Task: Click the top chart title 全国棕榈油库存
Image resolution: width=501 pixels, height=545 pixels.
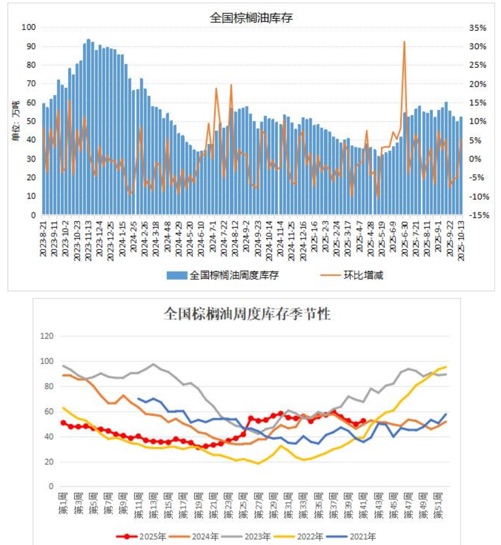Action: click(x=251, y=18)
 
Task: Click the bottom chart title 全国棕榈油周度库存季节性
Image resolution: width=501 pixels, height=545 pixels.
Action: click(x=247, y=314)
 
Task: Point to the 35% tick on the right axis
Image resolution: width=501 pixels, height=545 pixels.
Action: click(x=477, y=28)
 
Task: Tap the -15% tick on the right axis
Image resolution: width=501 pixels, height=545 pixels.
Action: click(x=479, y=215)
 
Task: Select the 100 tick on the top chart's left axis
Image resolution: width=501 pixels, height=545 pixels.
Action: click(x=29, y=27)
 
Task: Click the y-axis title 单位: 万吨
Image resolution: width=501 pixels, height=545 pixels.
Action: click(x=15, y=121)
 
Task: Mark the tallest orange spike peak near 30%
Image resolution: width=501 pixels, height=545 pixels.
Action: click(x=404, y=42)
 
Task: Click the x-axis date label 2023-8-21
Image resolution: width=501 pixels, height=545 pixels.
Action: click(x=43, y=239)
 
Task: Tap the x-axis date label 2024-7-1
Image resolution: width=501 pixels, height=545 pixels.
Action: click(x=213, y=237)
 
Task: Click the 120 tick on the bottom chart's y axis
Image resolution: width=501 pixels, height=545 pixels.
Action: click(x=47, y=336)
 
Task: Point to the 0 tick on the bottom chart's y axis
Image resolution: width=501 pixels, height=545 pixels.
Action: click(x=51, y=487)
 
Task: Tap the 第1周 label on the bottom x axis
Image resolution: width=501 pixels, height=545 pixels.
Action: click(x=63, y=504)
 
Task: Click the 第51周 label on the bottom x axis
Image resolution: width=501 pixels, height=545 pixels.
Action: click(x=438, y=505)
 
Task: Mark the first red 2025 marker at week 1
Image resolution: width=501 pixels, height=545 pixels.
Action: click(x=63, y=423)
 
